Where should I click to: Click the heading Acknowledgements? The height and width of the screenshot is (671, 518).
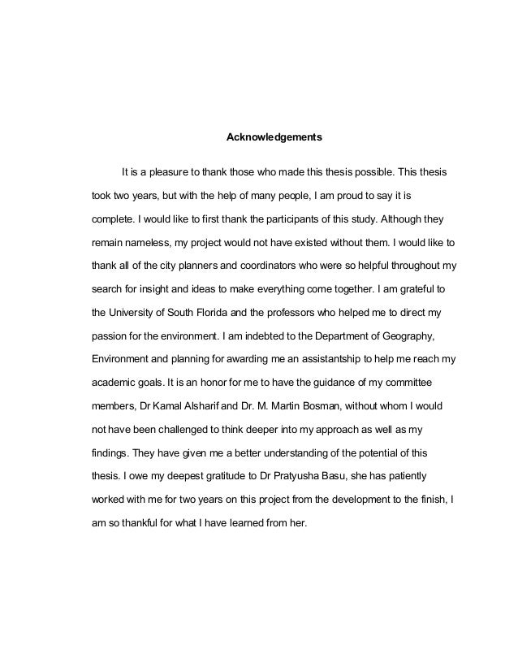(x=274, y=138)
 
